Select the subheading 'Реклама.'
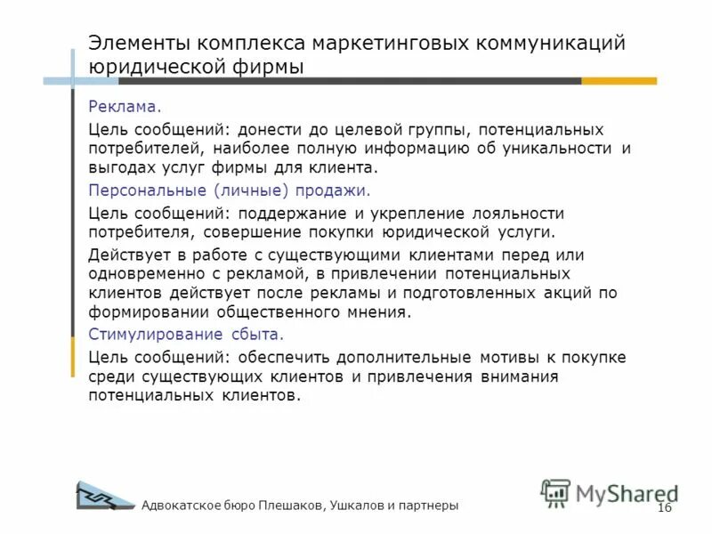coord(125,107)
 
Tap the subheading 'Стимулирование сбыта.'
coord(186,335)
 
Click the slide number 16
coord(663,507)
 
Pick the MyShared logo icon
coord(555,493)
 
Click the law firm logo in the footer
coord(105,497)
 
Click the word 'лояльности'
coord(518,214)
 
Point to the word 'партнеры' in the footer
coord(430,506)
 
